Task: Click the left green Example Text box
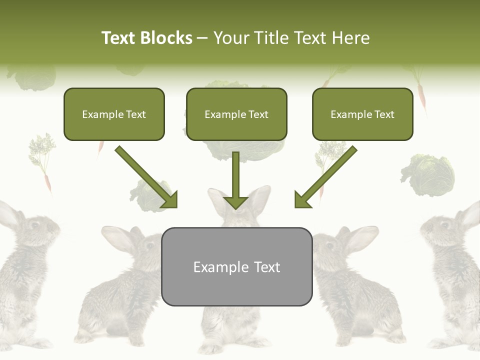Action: (114, 114)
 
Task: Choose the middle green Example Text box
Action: (236, 114)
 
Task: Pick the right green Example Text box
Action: (362, 114)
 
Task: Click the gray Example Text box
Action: (236, 266)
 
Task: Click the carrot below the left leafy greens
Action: (48, 182)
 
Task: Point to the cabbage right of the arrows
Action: (428, 175)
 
